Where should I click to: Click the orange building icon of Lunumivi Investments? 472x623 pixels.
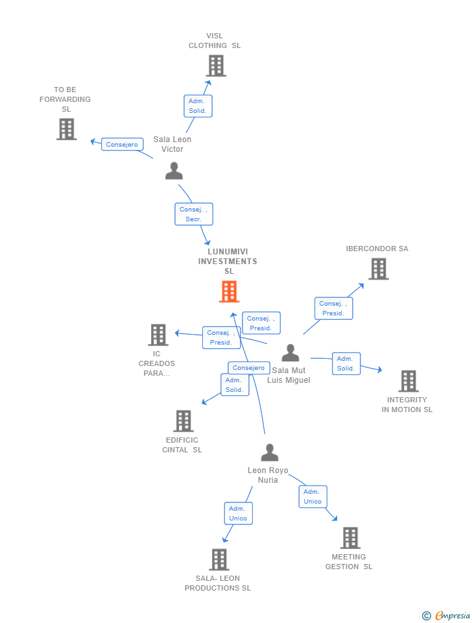coord(229,291)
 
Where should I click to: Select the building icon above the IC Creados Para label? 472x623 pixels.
coord(158,335)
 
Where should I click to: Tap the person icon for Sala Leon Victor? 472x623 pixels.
coord(174,171)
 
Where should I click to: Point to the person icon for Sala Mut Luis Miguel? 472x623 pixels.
coord(290,352)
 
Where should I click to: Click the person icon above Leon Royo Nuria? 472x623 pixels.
coord(270,452)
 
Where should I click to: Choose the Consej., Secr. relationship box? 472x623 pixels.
coord(194,214)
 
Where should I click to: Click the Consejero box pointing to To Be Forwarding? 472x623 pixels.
coord(122,144)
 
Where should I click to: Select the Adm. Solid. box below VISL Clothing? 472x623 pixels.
coord(198,106)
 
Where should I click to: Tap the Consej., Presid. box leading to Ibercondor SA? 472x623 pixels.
coord(333,308)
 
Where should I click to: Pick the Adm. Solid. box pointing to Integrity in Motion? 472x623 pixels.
coord(346,363)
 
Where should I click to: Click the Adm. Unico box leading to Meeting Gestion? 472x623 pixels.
coord(313,496)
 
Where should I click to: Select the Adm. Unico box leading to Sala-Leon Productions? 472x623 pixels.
coord(238,513)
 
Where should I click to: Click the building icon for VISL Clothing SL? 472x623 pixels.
coord(216,66)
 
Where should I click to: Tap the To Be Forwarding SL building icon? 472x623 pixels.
coord(66,129)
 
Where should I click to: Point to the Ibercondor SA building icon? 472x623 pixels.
coord(379,269)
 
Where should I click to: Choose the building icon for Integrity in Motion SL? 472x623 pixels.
coord(408,381)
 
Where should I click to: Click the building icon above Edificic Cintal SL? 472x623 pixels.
coord(183,421)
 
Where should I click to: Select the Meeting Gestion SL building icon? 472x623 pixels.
coord(351,538)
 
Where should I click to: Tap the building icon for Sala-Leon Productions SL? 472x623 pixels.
coord(219,559)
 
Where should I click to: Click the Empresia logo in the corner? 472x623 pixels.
coord(446,615)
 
